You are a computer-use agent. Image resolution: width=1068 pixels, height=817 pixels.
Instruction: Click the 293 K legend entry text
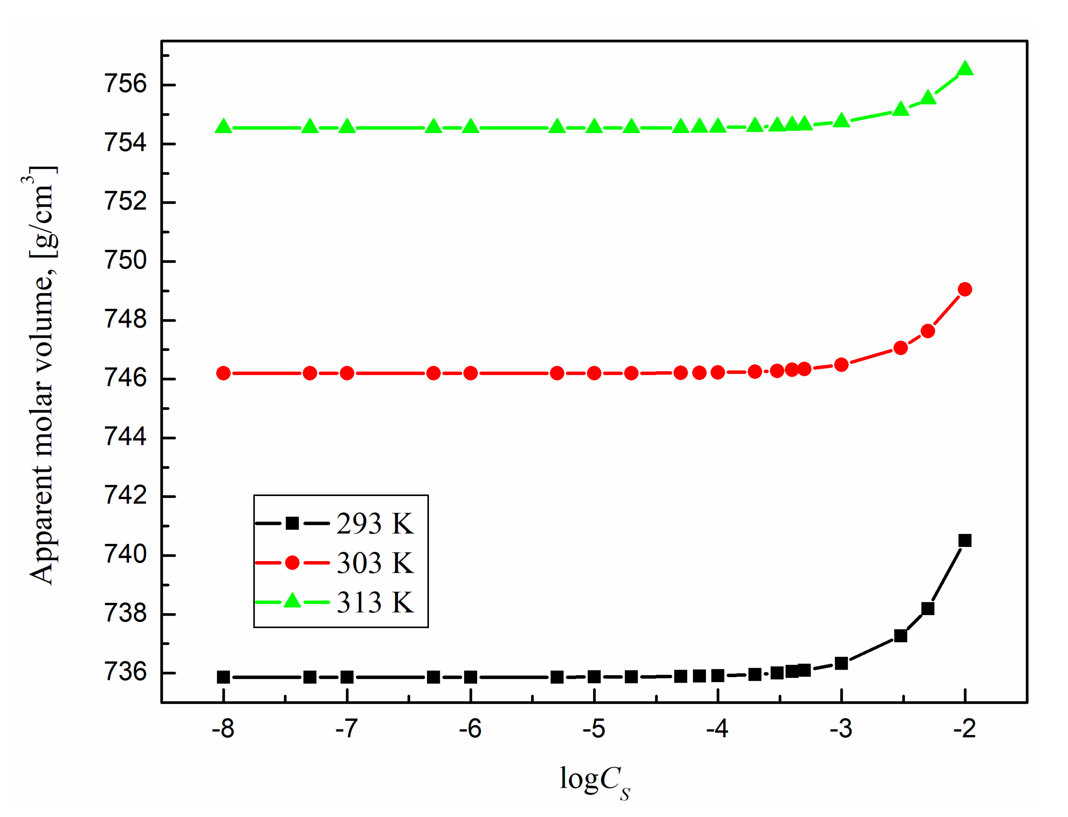(x=374, y=524)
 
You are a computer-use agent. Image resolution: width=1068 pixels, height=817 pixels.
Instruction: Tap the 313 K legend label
(x=374, y=603)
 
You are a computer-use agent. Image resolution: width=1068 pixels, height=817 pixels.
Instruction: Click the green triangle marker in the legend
(x=292, y=601)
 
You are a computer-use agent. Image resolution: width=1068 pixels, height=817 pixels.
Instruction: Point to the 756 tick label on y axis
(x=125, y=84)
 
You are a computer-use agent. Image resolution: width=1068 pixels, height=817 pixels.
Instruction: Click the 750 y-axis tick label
(x=125, y=261)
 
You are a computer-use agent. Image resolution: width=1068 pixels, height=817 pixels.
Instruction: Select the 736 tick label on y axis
(x=125, y=673)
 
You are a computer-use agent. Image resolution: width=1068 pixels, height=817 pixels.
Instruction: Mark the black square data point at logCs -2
(x=965, y=541)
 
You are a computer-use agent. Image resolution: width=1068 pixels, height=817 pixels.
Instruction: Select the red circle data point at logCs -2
(x=965, y=290)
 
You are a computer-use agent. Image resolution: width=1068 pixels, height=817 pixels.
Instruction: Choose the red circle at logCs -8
(x=223, y=373)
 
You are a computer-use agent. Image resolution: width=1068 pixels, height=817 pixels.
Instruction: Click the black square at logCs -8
(x=223, y=677)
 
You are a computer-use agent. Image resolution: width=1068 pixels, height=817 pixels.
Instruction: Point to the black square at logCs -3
(x=841, y=664)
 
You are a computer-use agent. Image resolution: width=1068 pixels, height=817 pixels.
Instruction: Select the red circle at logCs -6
(x=470, y=373)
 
